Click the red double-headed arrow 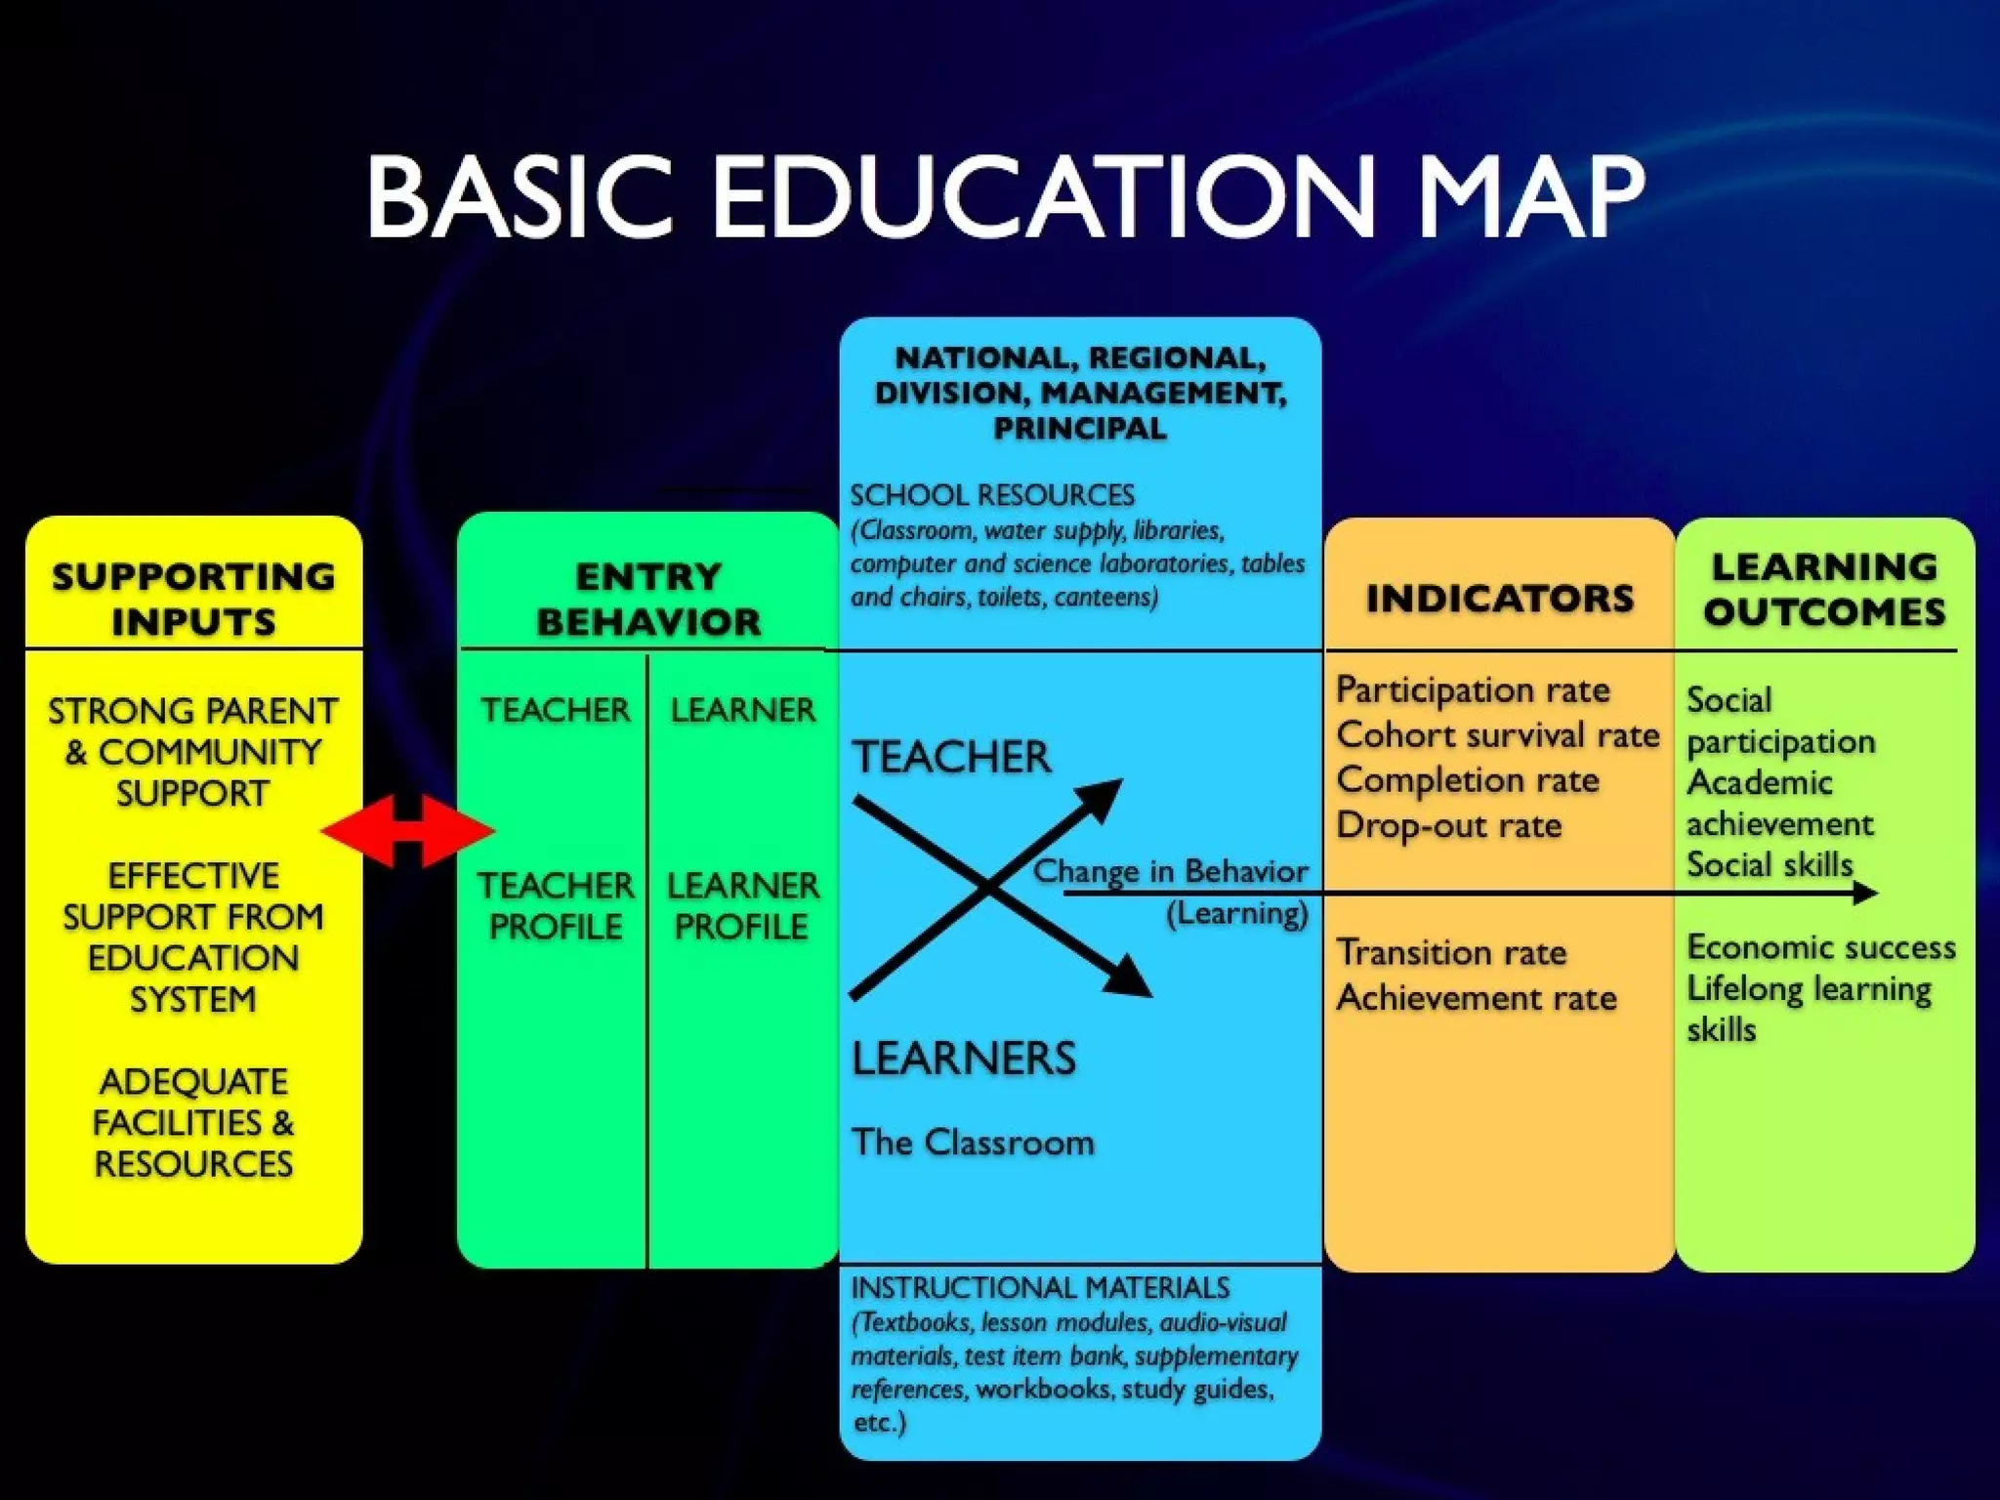click(408, 831)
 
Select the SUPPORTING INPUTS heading click(193, 599)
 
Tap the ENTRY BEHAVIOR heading click(648, 599)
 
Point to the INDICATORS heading click(1499, 598)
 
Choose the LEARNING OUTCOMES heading click(1824, 589)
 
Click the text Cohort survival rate click(1497, 734)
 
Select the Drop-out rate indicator click(1448, 825)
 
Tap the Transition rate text click(1451, 952)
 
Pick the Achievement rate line click(1476, 997)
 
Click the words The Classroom click(973, 1142)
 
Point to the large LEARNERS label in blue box click(964, 1059)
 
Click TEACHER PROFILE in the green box click(555, 905)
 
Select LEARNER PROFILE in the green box click(742, 905)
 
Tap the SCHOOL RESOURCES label click(991, 495)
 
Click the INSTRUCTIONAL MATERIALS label click(1040, 1287)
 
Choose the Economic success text click(1821, 946)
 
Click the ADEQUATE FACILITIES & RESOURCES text click(193, 1122)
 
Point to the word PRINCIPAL click(1079, 428)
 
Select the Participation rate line click(1473, 689)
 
